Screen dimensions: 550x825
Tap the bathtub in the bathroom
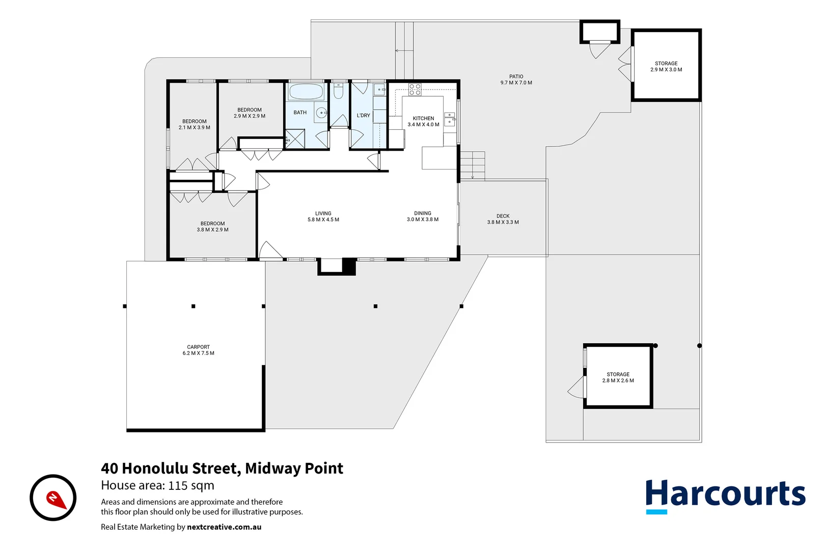pyautogui.click(x=306, y=92)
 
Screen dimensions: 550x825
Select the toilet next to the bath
pyautogui.click(x=339, y=92)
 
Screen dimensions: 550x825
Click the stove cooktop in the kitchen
pyautogui.click(x=415, y=90)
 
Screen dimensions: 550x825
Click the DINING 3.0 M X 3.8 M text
pyautogui.click(x=422, y=216)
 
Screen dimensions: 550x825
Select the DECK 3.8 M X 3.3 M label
pyautogui.click(x=503, y=219)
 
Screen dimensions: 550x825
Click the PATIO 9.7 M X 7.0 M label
pyautogui.click(x=516, y=79)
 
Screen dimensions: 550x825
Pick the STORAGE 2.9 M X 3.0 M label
pyautogui.click(x=666, y=67)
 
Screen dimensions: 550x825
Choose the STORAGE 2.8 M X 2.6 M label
pyautogui.click(x=618, y=377)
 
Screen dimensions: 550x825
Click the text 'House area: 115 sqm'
pyautogui.click(x=157, y=485)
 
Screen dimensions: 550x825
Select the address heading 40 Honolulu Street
pyautogui.click(x=222, y=468)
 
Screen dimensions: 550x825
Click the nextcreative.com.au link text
pyautogui.click(x=224, y=527)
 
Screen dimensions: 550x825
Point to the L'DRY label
pyautogui.click(x=363, y=116)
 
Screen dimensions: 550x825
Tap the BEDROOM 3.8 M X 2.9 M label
pyautogui.click(x=212, y=227)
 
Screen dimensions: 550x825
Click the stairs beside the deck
pyautogui.click(x=472, y=166)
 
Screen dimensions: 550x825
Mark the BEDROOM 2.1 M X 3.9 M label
pyautogui.click(x=194, y=124)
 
